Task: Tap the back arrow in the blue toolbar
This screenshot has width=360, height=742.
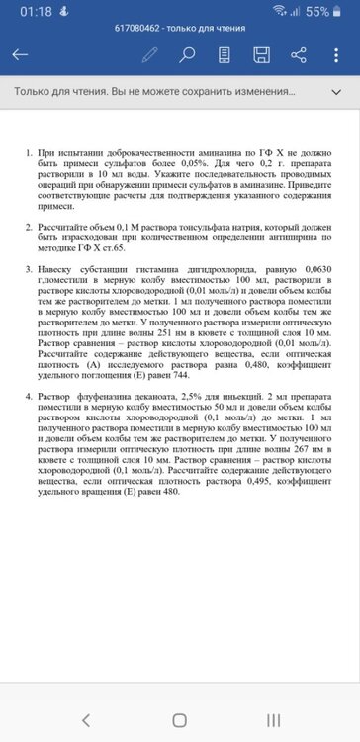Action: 20,55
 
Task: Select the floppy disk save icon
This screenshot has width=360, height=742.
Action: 261,55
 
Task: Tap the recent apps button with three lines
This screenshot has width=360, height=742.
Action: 273,718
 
